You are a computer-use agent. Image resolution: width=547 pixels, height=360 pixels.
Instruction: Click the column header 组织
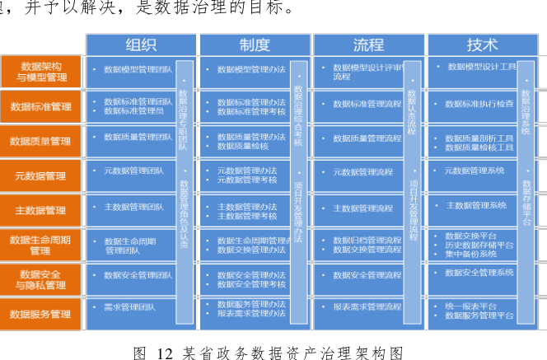141,44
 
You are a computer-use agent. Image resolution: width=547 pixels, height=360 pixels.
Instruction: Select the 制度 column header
255,44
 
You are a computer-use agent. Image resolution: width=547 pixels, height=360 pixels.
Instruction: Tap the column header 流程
368,44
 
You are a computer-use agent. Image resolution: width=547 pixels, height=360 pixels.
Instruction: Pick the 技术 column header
482,44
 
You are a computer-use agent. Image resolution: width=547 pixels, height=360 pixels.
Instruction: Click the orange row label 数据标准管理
40,106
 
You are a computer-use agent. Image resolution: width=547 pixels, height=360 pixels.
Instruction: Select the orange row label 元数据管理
40,175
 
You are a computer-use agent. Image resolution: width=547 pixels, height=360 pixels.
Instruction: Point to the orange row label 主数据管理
40,210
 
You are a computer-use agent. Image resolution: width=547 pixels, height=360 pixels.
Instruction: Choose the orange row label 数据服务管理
40,314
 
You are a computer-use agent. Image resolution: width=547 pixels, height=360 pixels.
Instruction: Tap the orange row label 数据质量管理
40,141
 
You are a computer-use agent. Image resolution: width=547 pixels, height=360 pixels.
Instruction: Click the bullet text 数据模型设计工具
482,66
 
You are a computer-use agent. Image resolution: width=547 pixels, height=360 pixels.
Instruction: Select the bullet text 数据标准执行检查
479,104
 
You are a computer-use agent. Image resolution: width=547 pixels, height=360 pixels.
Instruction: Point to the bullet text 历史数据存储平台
479,245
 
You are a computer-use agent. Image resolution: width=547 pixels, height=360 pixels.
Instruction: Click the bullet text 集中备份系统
470,254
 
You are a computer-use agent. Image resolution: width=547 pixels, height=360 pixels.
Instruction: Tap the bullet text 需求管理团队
129,306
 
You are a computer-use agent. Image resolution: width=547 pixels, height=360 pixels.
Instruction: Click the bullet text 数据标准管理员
133,110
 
